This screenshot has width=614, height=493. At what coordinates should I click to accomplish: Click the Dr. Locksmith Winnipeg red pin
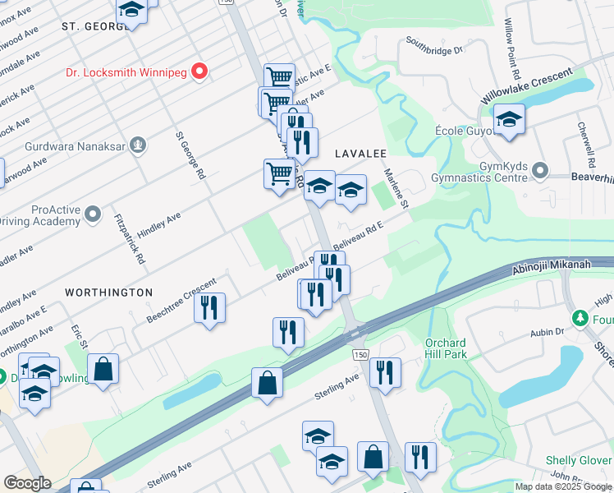[x=199, y=72]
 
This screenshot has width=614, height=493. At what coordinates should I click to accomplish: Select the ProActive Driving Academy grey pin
[x=94, y=215]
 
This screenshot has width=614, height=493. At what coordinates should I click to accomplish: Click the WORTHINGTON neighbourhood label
[x=109, y=293]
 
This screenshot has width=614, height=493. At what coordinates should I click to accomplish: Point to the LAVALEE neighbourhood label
[x=360, y=154]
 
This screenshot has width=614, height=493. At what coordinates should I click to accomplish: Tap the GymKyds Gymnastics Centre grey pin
[x=539, y=170]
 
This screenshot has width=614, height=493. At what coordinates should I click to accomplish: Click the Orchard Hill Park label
[x=446, y=348]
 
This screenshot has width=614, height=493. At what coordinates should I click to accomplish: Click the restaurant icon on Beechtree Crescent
[x=209, y=308]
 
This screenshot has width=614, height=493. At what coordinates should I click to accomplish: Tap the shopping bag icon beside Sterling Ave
[x=267, y=382]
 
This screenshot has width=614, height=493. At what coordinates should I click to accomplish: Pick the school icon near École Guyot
[x=509, y=119]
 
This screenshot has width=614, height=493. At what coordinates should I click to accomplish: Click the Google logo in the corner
[x=27, y=482]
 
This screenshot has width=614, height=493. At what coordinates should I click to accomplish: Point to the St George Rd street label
[x=189, y=156]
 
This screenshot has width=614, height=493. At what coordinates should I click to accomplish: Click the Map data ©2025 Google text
[x=563, y=486]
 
